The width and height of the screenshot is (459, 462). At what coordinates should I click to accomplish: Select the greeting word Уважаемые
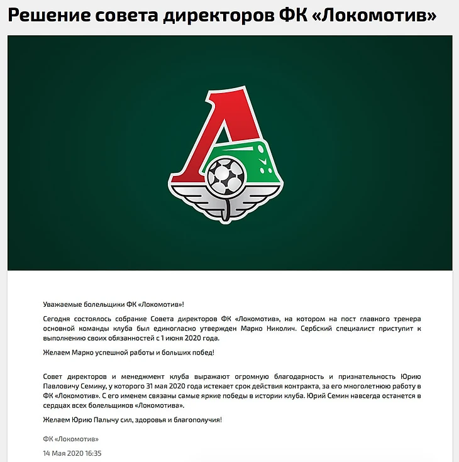pyautogui.click(x=62, y=304)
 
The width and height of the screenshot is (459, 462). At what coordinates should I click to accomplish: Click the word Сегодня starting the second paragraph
pyautogui.click(x=58, y=319)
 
